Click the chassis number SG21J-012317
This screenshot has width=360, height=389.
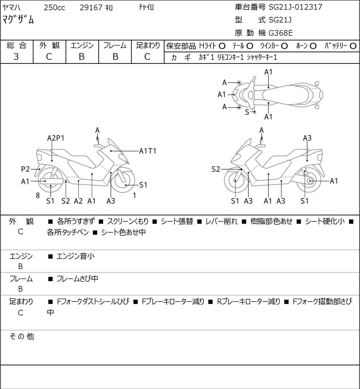click(295, 7)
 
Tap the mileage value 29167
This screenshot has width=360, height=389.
click(91, 8)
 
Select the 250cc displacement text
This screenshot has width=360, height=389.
click(54, 8)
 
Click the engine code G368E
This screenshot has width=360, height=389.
click(281, 33)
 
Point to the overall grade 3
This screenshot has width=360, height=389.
click(16, 57)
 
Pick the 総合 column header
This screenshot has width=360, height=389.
click(17, 45)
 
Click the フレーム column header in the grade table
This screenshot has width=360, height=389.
click(115, 45)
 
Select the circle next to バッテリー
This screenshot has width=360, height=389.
click(353, 46)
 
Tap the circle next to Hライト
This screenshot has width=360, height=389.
click(222, 46)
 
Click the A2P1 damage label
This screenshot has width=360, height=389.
click(56, 138)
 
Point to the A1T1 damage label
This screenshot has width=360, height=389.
click(148, 151)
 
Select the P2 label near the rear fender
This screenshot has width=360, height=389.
click(26, 169)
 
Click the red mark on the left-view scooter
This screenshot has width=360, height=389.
click(128, 162)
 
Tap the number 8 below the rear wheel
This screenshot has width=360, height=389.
click(38, 196)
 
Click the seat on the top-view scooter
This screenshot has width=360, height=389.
click(285, 95)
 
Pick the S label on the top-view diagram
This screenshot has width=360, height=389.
click(247, 112)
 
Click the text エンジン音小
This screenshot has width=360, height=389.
click(75, 256)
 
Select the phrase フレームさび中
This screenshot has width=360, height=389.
click(77, 279)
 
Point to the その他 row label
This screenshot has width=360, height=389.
click(21, 336)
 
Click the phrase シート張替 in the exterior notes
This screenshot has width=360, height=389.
click(177, 221)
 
